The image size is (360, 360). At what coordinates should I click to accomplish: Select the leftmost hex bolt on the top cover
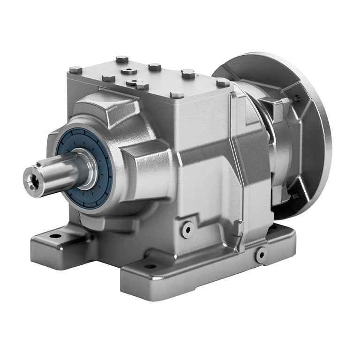[75, 70]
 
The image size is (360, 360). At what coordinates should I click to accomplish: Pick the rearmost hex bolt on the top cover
[122, 59]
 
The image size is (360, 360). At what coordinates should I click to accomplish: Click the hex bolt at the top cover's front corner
[177, 95]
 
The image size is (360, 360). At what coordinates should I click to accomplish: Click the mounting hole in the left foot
[55, 235]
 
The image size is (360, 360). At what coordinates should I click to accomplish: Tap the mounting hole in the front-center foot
[150, 266]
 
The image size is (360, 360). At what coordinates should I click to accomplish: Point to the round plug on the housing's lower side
[188, 228]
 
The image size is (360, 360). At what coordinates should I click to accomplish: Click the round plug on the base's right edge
[261, 254]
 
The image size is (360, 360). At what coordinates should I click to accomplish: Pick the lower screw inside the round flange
[295, 196]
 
